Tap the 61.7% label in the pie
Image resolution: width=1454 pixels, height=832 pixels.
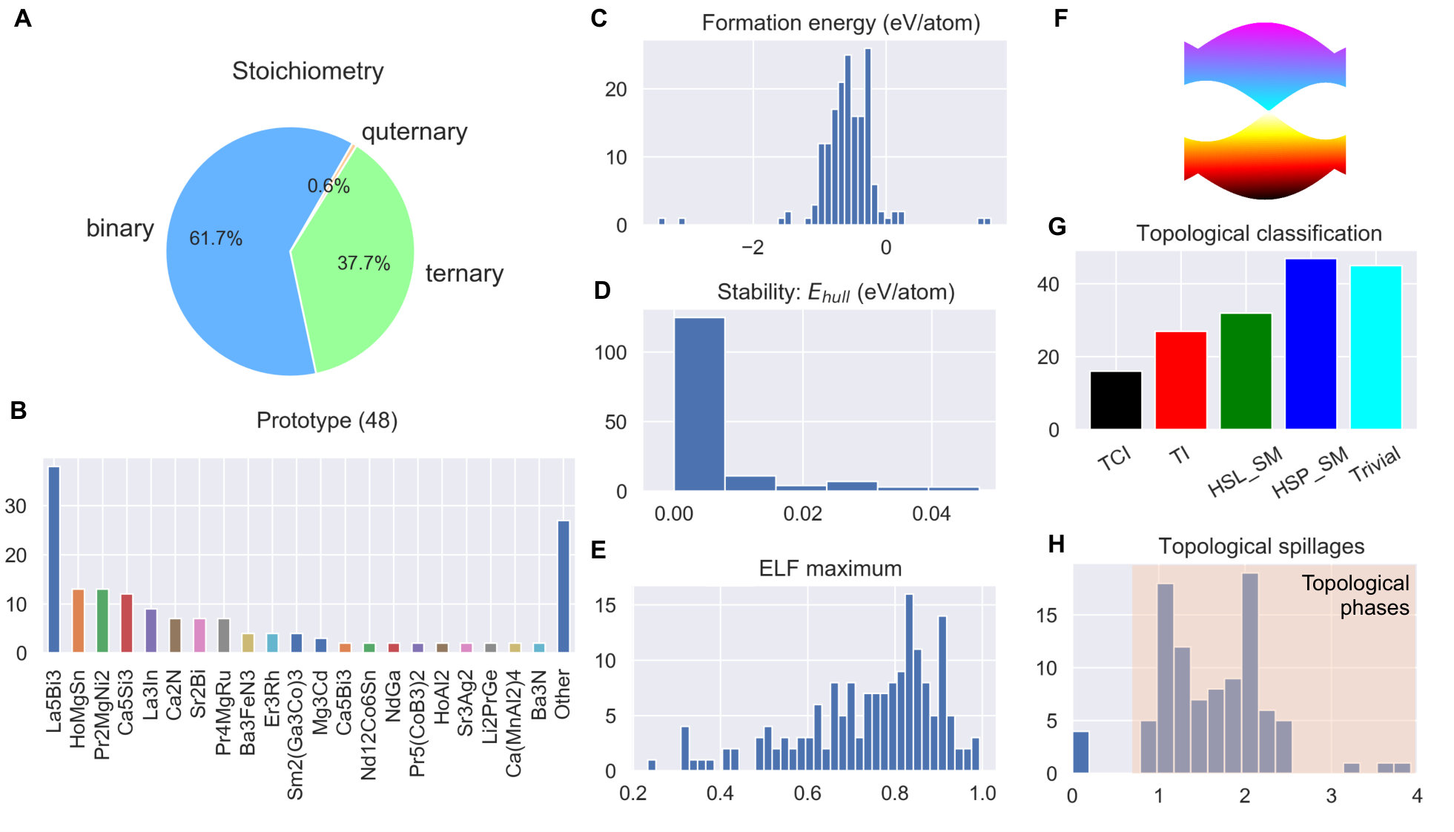216,239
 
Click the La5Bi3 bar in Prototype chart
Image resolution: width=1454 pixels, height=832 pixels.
54,559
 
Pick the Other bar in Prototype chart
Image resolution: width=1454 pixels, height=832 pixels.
564,587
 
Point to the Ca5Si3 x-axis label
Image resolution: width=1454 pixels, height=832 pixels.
126,702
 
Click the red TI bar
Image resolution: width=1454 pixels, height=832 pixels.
1180,380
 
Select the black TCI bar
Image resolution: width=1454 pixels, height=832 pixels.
1116,400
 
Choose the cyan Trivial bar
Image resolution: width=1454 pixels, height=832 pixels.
1376,347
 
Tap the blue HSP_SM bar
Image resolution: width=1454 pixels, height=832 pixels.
1311,344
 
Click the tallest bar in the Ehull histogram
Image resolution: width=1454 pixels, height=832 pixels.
699,404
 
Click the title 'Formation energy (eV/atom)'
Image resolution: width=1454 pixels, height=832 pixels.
841,23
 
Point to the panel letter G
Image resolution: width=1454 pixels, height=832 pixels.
1057,227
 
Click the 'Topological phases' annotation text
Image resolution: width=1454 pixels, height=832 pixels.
1356,595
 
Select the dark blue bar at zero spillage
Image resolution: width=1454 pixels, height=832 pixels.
1081,752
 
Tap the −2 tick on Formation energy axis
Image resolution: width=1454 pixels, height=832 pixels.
753,248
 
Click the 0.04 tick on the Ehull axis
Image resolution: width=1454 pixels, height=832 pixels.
931,514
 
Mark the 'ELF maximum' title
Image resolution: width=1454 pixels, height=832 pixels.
830,569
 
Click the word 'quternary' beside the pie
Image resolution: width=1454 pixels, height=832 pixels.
414,132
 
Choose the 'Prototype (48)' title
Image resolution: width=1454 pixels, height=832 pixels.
327,420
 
